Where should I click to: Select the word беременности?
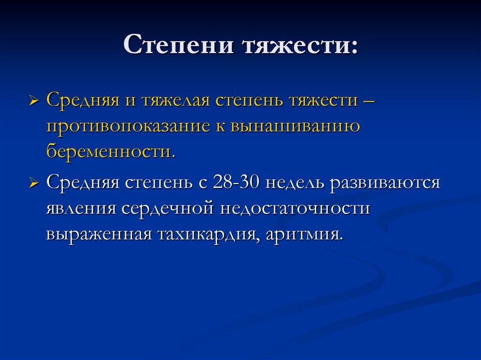tap(111, 153)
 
